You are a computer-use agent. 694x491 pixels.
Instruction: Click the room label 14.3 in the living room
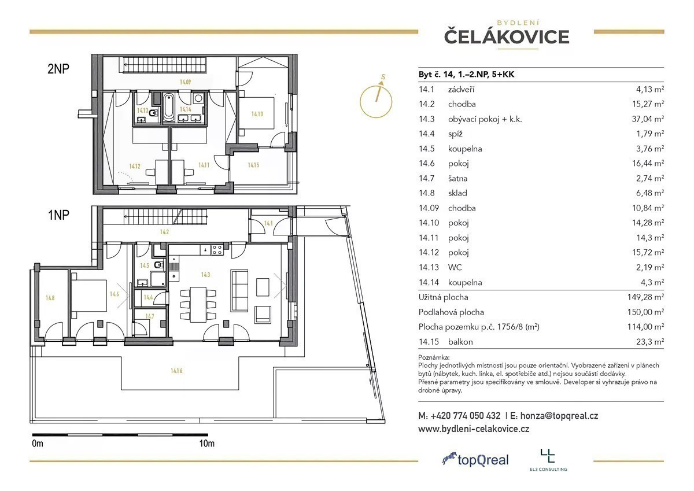205,275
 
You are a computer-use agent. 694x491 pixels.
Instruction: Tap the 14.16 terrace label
176,371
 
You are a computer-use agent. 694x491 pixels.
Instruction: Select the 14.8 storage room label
50,298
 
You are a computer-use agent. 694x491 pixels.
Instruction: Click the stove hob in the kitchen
217,250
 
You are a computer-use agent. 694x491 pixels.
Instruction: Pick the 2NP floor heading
58,68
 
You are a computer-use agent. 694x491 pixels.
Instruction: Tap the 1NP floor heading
58,215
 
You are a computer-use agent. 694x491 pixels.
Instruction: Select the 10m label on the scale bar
206,444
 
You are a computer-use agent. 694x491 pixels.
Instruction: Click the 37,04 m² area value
648,119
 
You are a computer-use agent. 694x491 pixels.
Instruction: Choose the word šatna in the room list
457,179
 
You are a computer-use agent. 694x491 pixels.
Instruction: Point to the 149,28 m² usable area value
645,297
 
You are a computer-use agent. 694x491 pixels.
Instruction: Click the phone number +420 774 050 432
466,416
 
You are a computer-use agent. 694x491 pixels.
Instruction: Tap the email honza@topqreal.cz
559,416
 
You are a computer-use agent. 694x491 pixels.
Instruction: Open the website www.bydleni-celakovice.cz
474,429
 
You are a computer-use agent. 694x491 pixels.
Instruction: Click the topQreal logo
475,460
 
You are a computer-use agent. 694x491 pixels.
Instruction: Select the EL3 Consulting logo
548,460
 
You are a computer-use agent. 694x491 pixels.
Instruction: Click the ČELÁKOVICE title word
507,36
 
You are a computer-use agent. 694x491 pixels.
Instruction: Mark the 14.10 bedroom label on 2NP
257,114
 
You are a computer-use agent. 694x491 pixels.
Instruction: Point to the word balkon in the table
460,342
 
